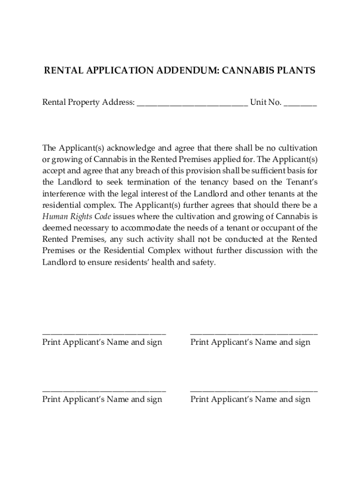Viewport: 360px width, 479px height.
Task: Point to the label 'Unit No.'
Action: [266, 102]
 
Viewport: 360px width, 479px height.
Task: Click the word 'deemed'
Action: [56, 228]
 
